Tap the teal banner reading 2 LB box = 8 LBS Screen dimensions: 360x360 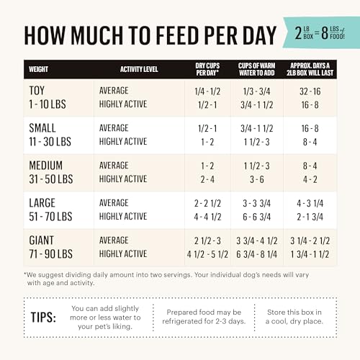321,32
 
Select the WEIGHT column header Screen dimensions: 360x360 38,69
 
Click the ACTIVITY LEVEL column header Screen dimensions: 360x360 139,69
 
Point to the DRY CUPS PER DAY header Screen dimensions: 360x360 207,69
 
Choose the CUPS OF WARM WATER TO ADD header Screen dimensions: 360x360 256,69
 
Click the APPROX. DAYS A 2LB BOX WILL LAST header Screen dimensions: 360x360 310,69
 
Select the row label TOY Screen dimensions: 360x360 37,91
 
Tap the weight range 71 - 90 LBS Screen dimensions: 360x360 50,254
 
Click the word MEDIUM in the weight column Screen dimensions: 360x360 45,166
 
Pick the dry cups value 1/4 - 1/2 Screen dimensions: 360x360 207,91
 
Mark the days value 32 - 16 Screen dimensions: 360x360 310,91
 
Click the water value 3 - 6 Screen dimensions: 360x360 257,179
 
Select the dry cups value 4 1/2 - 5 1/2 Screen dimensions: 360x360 207,254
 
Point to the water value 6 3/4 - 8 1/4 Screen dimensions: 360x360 256,254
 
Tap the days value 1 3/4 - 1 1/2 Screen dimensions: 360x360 310,254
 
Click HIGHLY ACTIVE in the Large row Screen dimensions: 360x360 123,217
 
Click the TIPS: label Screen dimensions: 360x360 43,318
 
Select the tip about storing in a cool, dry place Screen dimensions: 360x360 294,317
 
